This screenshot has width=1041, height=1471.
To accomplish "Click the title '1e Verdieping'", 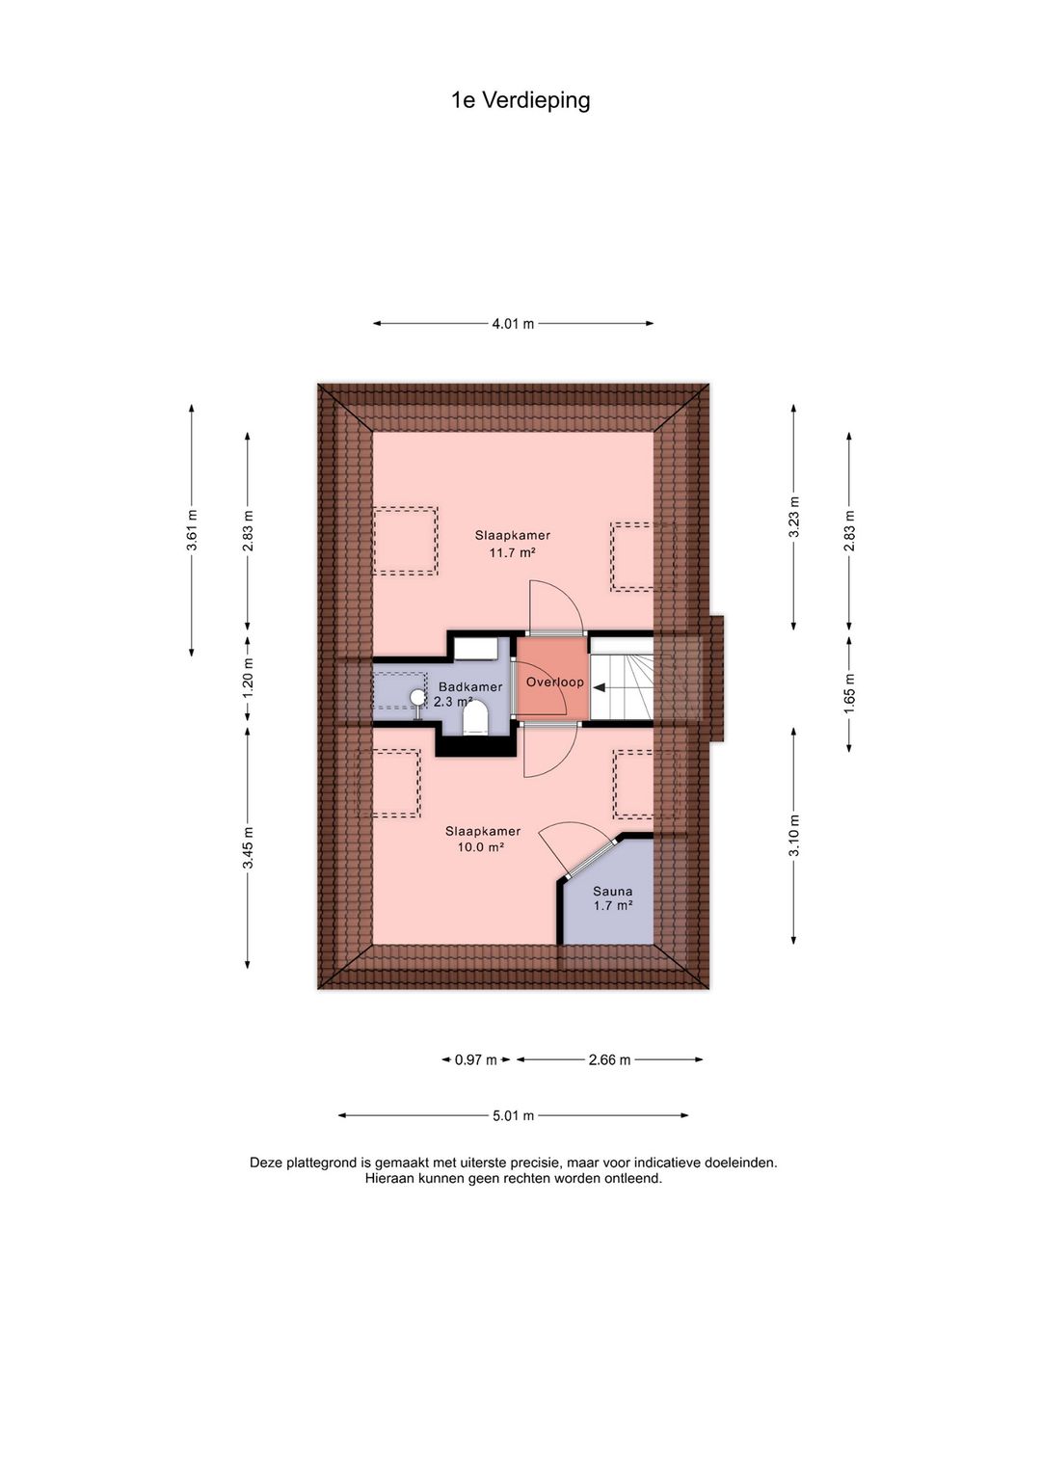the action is pos(520,100).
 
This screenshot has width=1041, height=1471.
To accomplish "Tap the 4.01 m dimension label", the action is pos(513,323).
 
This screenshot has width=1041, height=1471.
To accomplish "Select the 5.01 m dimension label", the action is pos(513,1115).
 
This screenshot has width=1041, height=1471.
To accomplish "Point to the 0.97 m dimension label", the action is pos(475,1059).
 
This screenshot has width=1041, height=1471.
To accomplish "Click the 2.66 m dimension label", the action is pos(609,1059).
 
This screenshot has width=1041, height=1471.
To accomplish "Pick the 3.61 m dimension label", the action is pos(192,529).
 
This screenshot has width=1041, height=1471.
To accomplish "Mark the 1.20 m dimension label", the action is pos(248,678).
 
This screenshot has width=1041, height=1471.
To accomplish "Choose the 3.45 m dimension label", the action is pos(248,847).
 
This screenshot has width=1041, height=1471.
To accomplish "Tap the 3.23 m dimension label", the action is pos(794,516).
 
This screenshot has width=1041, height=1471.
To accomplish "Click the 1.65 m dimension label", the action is pos(849,694).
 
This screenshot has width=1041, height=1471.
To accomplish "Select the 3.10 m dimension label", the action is pos(794,836).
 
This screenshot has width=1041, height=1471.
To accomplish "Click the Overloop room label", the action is pos(555,682).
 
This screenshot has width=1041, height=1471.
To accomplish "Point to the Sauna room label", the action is pos(612,891).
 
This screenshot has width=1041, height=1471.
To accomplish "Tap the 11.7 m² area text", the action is pos(512,552).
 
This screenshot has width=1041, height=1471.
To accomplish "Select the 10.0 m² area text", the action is pos(481,846).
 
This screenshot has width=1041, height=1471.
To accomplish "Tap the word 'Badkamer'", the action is pos(470,687).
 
